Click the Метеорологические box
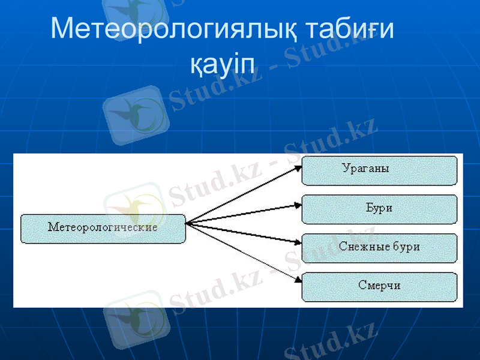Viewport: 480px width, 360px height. pyautogui.click(x=103, y=229)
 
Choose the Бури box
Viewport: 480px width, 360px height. pyautogui.click(x=379, y=209)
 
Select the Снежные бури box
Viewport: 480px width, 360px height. pyautogui.click(x=379, y=248)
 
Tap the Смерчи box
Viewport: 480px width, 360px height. pyautogui.click(x=379, y=287)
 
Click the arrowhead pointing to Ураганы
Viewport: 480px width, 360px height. pyautogui.click(x=298, y=169)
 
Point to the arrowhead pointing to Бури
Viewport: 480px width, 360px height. pyautogui.click(x=298, y=205)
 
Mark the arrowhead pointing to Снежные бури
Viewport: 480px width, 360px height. pyautogui.click(x=298, y=243)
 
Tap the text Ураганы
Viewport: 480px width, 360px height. pyautogui.click(x=365, y=169)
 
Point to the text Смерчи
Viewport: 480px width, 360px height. pyautogui.click(x=379, y=286)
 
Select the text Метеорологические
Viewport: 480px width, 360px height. pyautogui.click(x=103, y=227)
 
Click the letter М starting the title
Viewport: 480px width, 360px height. pyautogui.click(x=63, y=28)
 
